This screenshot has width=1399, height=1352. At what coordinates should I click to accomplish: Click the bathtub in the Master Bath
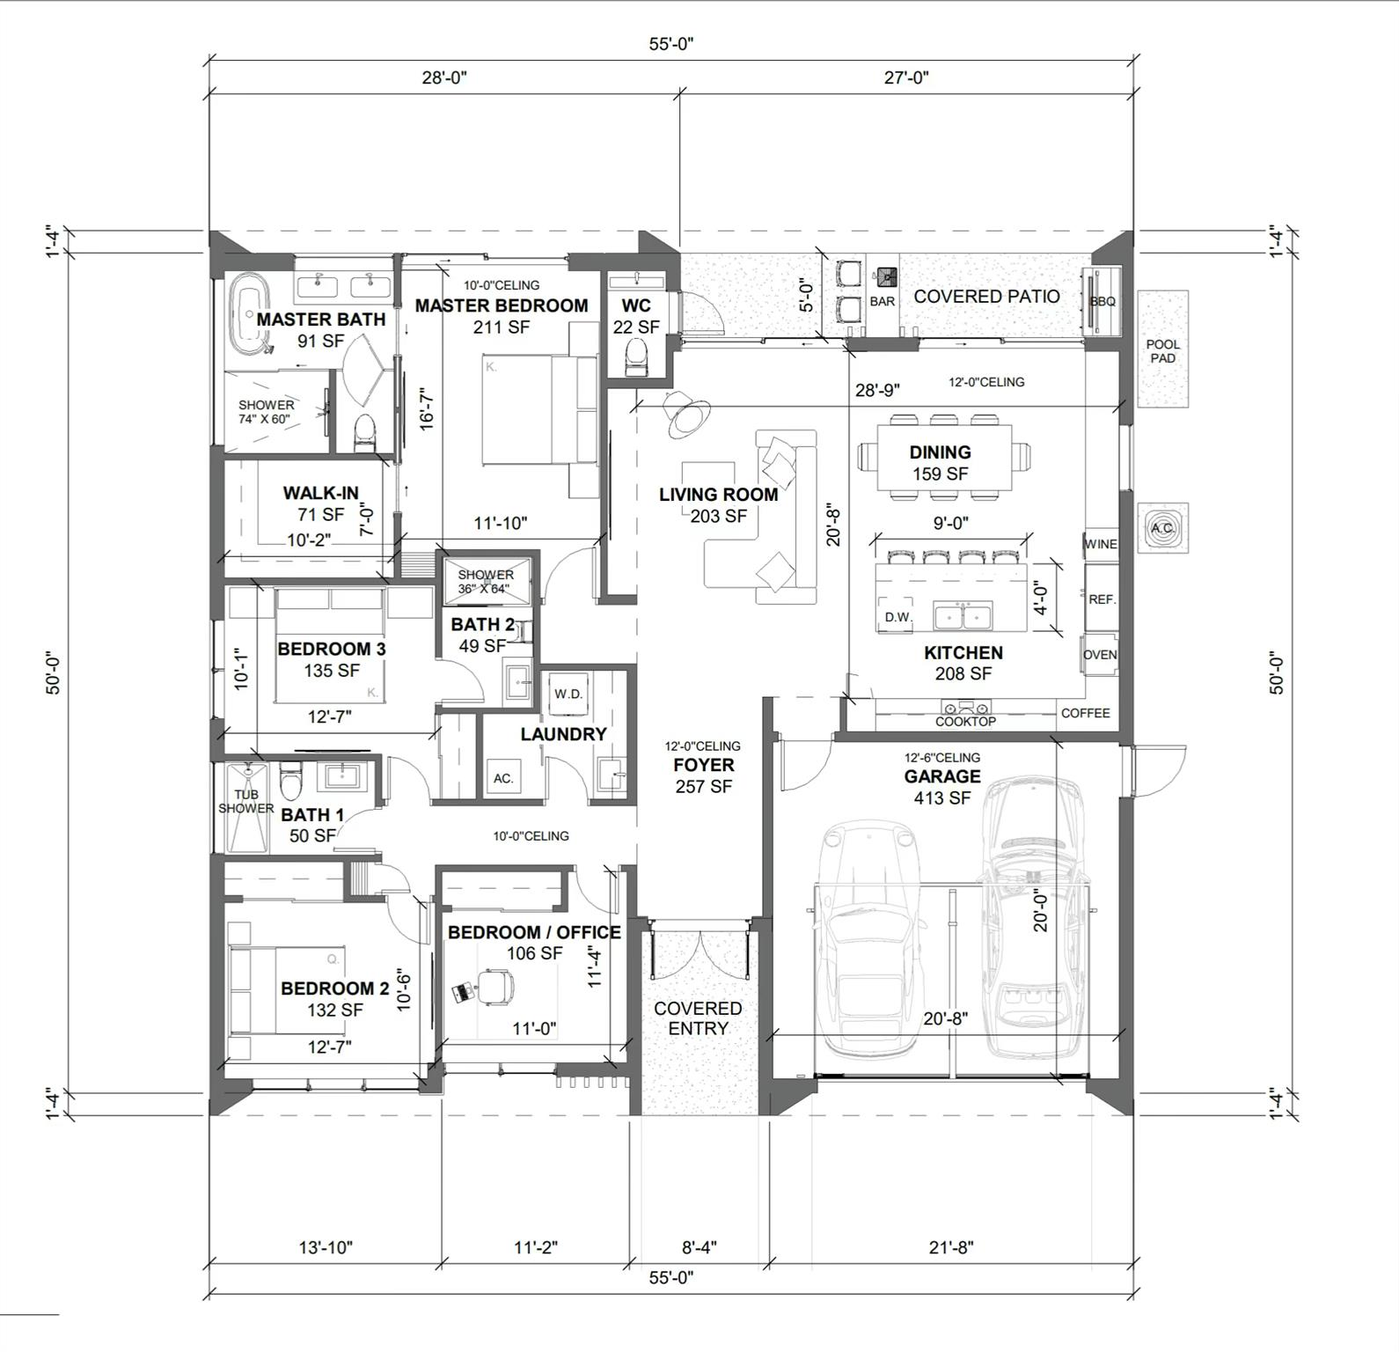[x=248, y=314]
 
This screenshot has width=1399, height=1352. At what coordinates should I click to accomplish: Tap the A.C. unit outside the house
[x=1163, y=528]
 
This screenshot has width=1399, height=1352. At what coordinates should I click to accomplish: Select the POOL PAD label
[x=1163, y=351]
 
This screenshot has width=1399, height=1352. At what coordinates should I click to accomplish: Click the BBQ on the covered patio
[x=1102, y=302]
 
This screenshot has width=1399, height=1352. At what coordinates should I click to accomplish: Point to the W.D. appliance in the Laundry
[x=568, y=694]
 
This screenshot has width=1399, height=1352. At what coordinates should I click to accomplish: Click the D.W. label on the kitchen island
[x=898, y=617]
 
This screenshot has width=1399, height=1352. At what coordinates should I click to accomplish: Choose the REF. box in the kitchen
[x=1102, y=599]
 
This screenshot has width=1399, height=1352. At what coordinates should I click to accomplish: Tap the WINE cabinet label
[x=1101, y=544]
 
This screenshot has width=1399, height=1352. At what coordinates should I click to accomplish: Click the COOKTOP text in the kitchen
[x=965, y=721]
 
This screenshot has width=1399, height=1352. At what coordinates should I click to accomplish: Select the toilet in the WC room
[x=634, y=356]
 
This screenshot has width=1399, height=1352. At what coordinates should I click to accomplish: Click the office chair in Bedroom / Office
[x=496, y=987]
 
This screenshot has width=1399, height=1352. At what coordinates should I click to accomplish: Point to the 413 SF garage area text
[x=941, y=798]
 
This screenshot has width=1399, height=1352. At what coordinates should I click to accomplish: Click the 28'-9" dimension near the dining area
[x=877, y=390]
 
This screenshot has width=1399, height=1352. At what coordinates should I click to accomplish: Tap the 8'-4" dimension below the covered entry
[x=699, y=1247]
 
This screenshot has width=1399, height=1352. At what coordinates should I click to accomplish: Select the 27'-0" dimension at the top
[x=906, y=77]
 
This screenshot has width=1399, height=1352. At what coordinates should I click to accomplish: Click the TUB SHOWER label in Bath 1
[x=246, y=801]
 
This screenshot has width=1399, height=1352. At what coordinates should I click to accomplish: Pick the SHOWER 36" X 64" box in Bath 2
[x=487, y=581]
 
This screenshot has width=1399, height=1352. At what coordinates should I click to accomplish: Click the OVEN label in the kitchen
[x=1100, y=655]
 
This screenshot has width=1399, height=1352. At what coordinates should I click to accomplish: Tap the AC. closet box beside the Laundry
[x=503, y=778]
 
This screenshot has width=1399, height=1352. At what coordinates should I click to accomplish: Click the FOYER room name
[x=703, y=765]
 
